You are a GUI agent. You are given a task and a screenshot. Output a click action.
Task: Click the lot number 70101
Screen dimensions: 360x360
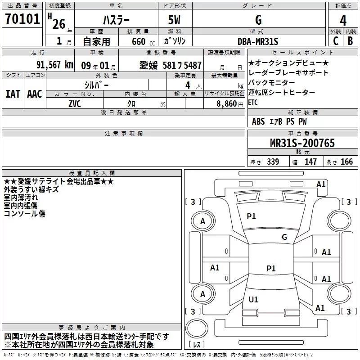tap(22, 20)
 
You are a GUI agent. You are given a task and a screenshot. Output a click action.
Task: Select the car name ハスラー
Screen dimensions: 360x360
tap(116, 20)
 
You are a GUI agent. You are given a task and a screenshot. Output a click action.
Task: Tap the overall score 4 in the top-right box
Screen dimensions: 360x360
tap(343, 20)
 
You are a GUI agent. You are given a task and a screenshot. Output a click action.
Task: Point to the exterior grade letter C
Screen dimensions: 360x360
tap(335, 40)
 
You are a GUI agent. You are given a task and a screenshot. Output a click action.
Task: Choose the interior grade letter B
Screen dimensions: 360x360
tap(350, 40)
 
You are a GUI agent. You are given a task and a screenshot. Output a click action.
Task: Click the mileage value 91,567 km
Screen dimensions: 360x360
tap(54, 65)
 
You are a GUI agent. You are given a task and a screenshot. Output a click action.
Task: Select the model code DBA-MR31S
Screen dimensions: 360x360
tap(258, 41)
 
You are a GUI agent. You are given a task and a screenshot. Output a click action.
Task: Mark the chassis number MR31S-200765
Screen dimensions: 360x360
tap(302, 143)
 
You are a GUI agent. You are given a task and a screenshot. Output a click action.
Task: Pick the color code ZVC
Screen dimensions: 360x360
tap(75, 103)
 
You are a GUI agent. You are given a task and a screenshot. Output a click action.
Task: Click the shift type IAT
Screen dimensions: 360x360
tap(13, 94)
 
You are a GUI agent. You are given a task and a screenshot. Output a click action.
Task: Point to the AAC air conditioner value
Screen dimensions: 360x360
tap(35, 94)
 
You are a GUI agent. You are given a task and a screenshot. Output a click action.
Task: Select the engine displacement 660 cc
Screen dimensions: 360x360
tap(138, 41)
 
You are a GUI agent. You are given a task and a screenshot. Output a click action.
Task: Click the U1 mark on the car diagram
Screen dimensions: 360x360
tap(253, 300)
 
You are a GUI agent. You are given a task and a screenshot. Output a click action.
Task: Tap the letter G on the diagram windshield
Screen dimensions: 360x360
tap(284, 237)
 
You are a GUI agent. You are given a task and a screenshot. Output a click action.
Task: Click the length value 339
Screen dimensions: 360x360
tap(273, 162)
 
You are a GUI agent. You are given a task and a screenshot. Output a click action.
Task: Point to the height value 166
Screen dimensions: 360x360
tap(346, 162)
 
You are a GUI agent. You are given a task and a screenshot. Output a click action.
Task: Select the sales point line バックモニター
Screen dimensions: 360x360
tap(272, 82)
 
